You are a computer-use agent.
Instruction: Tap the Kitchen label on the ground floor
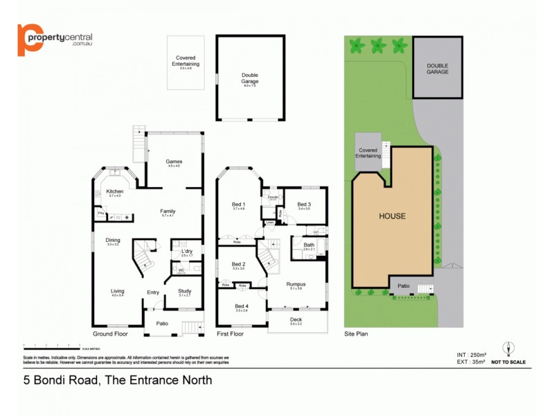tap(114, 191)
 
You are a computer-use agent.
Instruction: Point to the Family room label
tap(168, 211)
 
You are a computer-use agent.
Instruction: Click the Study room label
tap(184, 291)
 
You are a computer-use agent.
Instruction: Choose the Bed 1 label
tap(239, 204)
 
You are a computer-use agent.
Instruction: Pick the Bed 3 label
tap(304, 204)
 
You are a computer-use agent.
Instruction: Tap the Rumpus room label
tap(296, 284)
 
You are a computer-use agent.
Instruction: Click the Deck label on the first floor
tap(296, 320)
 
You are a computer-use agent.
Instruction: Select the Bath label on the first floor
tap(308, 245)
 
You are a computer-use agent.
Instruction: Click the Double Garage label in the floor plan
tap(250, 78)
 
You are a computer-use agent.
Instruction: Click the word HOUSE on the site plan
tap(392, 216)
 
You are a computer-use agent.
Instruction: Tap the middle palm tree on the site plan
tap(378, 46)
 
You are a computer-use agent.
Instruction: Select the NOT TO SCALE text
tap(508, 362)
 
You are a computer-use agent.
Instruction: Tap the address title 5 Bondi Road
tap(118, 380)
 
